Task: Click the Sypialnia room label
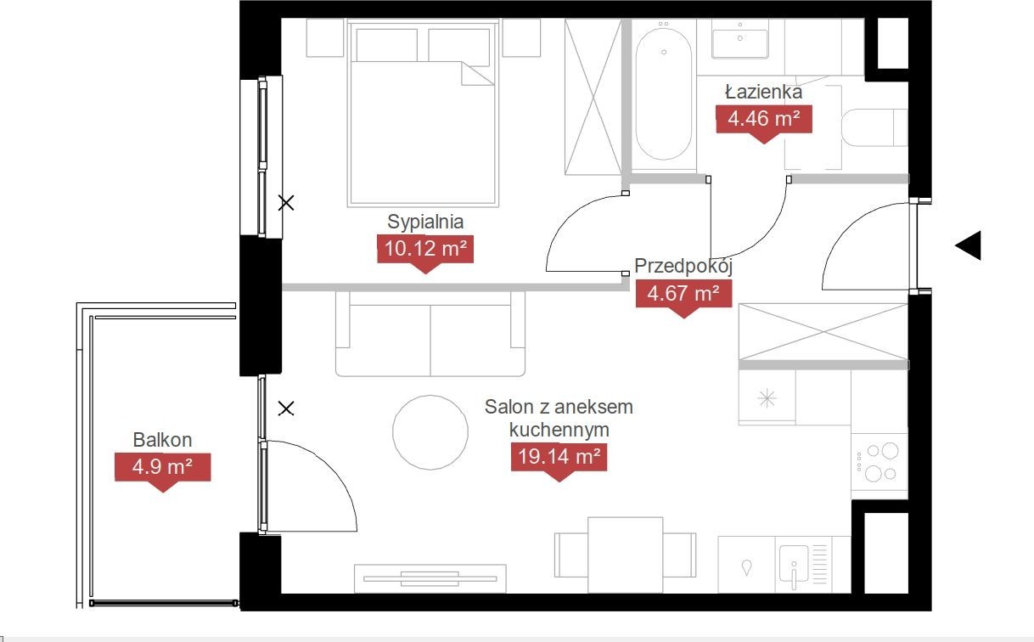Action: [x=425, y=222]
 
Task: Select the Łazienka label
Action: [x=764, y=92]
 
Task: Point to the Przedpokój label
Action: [x=683, y=267]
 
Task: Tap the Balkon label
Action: [x=162, y=440]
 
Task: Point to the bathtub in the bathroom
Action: [x=663, y=93]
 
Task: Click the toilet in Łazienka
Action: [x=874, y=127]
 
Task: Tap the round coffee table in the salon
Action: [x=430, y=432]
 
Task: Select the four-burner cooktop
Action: [x=879, y=466]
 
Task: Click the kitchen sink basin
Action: [x=794, y=564]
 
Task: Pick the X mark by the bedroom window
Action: [x=286, y=203]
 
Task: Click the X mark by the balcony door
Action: [x=286, y=408]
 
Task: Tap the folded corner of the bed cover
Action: [x=477, y=74]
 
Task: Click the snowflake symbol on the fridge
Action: [x=767, y=397]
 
